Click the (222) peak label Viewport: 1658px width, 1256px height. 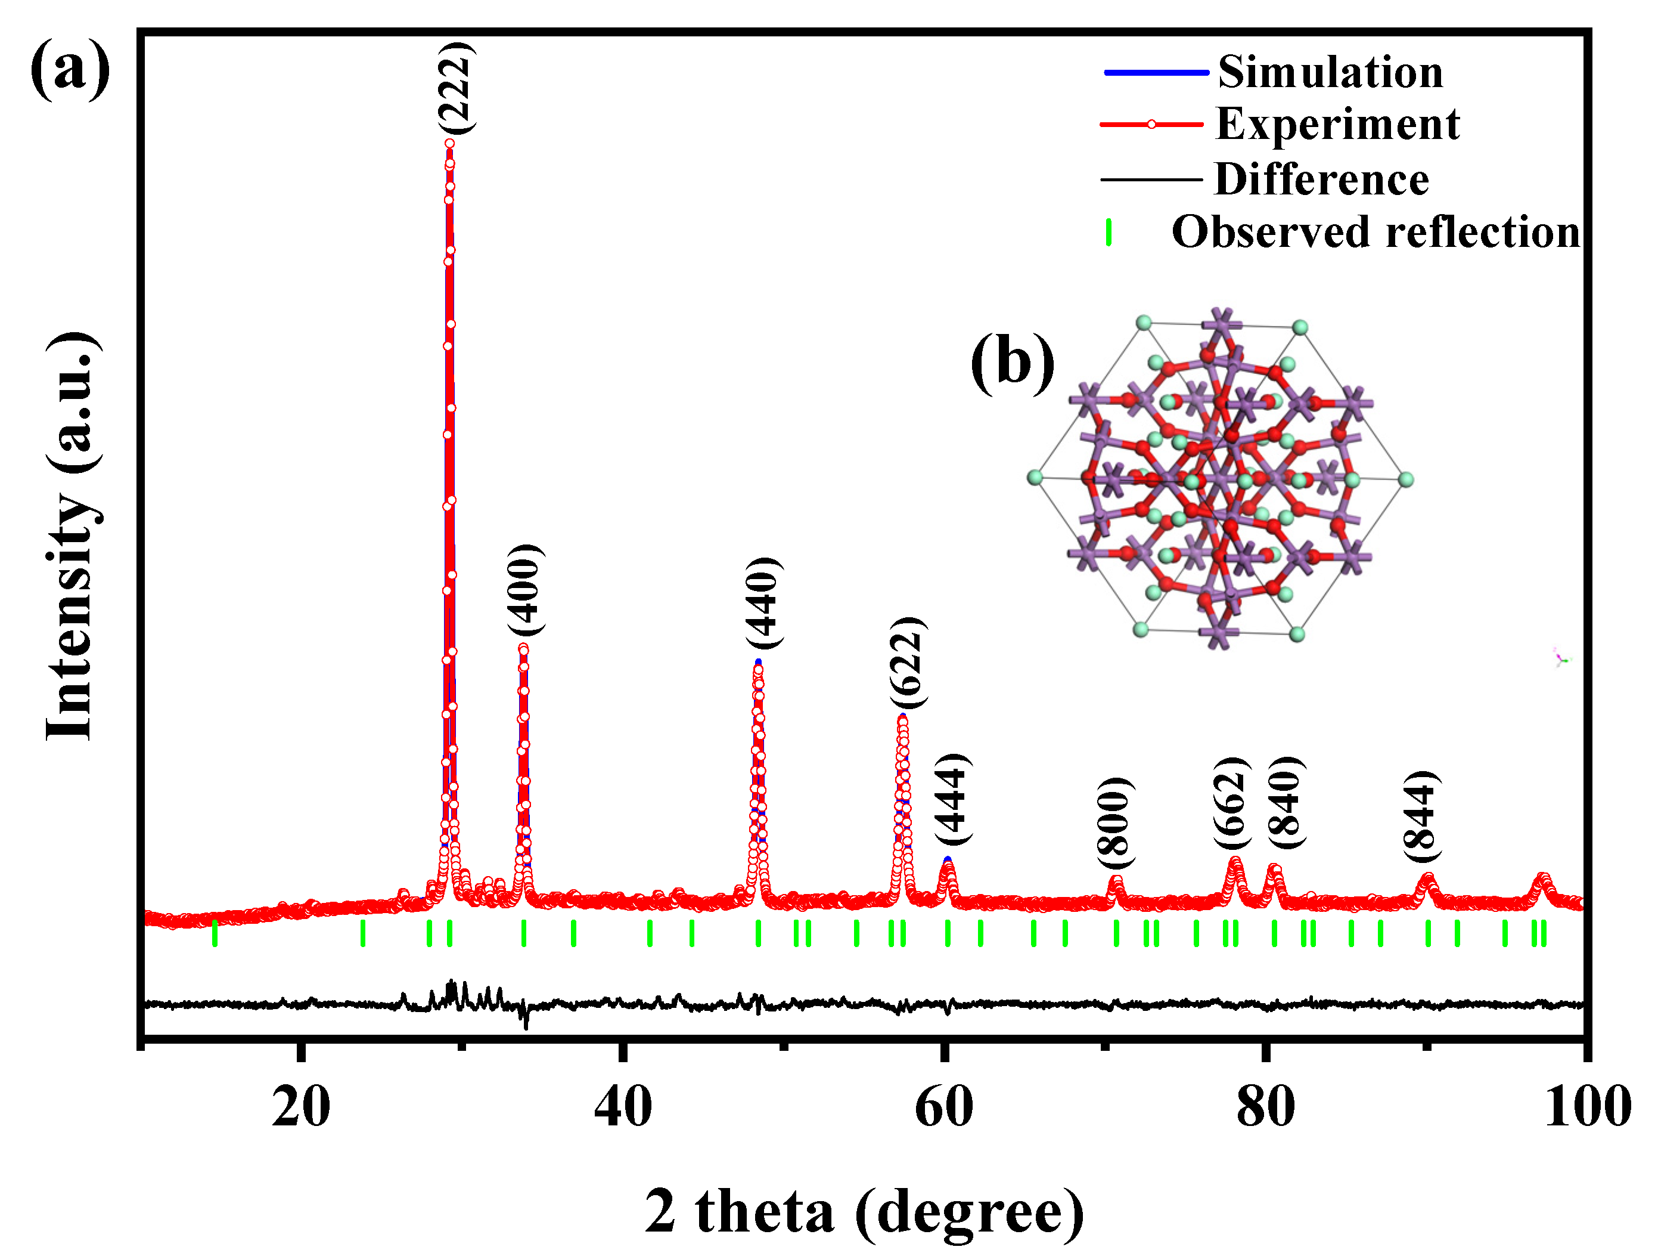456,88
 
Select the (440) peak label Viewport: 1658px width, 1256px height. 764,604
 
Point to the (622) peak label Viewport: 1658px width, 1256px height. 908,663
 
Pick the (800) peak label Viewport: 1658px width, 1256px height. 1114,824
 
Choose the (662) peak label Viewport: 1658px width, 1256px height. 1231,803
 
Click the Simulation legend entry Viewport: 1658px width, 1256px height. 1330,73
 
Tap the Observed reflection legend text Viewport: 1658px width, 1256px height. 1376,232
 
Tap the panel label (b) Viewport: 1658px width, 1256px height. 1012,362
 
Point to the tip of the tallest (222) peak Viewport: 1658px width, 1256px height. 449,143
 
